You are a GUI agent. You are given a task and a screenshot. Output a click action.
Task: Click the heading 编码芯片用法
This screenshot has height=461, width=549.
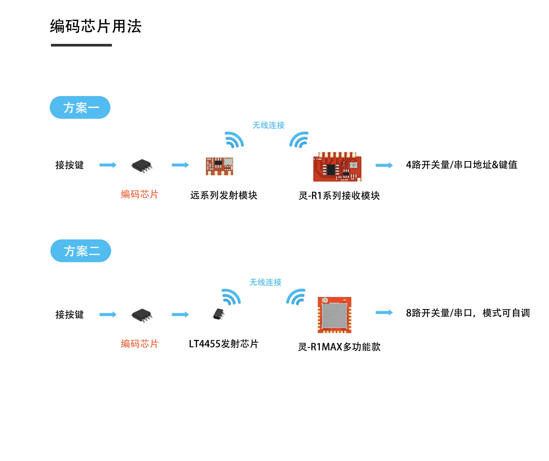click(x=95, y=26)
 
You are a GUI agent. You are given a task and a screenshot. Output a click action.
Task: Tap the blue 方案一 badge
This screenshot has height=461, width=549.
click(x=80, y=108)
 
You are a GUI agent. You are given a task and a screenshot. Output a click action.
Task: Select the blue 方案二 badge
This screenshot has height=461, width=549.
click(x=81, y=251)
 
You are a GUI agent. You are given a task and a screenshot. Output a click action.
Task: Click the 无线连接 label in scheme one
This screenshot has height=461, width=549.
click(x=268, y=125)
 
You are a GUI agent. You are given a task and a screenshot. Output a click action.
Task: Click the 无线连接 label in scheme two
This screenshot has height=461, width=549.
click(x=265, y=282)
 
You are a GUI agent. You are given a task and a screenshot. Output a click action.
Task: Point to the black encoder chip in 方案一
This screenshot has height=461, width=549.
click(x=142, y=166)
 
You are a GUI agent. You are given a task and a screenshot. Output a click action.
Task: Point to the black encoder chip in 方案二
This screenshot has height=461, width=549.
click(x=142, y=315)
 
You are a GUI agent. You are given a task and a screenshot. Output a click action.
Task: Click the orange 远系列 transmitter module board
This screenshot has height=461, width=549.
click(x=219, y=166)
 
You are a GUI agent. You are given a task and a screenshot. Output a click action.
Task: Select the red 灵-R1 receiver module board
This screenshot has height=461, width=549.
click(x=337, y=167)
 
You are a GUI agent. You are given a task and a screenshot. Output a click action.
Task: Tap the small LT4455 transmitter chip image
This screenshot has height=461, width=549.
click(x=218, y=314)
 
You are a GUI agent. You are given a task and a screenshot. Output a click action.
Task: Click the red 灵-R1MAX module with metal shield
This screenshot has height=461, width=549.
click(x=335, y=315)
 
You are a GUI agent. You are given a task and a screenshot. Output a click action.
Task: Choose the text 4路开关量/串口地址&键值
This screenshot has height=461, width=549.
click(x=461, y=165)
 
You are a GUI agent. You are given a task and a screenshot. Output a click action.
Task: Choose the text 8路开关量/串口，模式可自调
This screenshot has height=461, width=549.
click(x=468, y=313)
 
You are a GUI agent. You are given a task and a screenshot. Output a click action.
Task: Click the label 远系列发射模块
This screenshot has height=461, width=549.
click(x=224, y=196)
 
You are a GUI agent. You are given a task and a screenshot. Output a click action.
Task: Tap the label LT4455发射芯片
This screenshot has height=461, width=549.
click(x=223, y=344)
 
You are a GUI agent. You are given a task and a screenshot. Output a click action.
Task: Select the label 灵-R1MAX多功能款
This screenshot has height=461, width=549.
click(x=339, y=347)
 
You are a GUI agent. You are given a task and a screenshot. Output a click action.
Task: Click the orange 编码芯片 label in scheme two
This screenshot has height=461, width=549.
click(x=139, y=344)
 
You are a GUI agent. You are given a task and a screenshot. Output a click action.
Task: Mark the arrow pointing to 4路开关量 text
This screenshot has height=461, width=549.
click(x=384, y=165)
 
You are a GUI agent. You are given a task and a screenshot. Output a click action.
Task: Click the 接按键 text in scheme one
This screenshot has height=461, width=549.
click(x=70, y=165)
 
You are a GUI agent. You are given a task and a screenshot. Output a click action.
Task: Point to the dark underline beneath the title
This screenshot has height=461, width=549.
click(x=81, y=45)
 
